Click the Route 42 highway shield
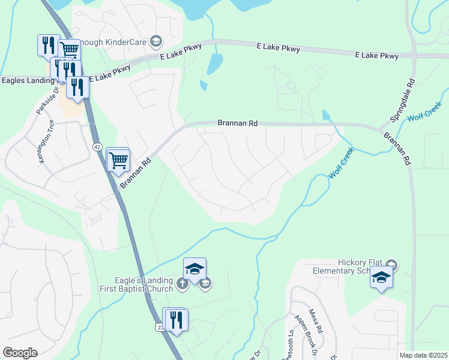tap(97, 146)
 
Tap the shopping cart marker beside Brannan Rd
tap(119, 160)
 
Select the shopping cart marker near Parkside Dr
tap(70, 50)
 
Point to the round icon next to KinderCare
tap(156, 41)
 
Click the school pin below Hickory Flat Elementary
tap(381, 277)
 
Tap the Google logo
tap(20, 353)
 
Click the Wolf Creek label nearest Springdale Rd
tap(426, 112)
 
